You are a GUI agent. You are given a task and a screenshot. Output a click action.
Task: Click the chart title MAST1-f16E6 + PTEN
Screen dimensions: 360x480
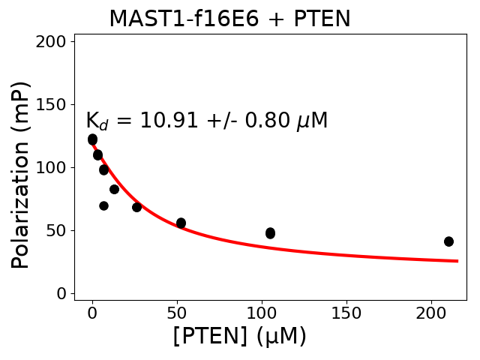pos(229,19)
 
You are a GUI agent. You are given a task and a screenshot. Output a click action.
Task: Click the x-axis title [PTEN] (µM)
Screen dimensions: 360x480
pos(240,337)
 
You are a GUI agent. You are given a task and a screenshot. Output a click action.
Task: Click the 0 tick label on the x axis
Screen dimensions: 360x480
pos(92,312)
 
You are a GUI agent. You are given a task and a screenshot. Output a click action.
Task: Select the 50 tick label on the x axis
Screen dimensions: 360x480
pos(177,312)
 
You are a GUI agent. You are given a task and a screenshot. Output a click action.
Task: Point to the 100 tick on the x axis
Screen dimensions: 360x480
pos(262,312)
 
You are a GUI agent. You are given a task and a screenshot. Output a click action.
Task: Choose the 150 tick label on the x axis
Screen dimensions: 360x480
pos(346,312)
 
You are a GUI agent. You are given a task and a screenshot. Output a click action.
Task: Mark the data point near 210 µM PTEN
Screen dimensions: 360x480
pos(448,241)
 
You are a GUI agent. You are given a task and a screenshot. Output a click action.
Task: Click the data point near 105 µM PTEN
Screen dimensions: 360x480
pos(270,233)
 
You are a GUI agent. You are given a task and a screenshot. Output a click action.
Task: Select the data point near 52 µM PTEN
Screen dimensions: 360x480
pos(181,223)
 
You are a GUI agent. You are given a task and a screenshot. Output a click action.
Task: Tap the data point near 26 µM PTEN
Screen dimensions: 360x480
pos(136,207)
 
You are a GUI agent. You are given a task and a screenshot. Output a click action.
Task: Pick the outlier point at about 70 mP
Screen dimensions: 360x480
pos(103,205)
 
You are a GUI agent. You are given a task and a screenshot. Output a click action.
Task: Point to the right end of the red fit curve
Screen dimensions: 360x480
pos(457,261)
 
